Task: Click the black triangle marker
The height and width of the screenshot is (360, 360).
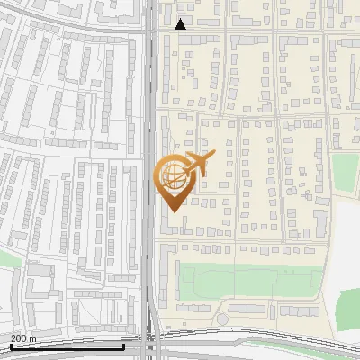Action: tap(181, 24)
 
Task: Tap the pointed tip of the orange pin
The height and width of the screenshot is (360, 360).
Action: tap(171, 211)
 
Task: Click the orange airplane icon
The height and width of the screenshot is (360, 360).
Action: tap(197, 164)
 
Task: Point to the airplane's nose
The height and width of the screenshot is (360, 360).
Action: tap(212, 156)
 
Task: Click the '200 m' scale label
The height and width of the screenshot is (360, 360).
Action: tap(23, 338)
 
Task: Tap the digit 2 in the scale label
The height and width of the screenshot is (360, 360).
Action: tap(13, 338)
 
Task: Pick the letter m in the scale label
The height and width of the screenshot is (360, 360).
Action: tap(33, 338)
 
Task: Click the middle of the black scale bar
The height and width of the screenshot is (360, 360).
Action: tap(67, 346)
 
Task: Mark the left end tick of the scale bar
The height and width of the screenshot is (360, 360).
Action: tap(10, 346)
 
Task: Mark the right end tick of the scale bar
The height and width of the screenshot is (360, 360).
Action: tap(123, 346)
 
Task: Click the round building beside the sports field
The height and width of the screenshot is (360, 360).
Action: tap(222, 319)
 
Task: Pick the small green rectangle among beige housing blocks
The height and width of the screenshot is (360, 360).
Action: tap(345, 171)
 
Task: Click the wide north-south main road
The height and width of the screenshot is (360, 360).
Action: tap(150, 135)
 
